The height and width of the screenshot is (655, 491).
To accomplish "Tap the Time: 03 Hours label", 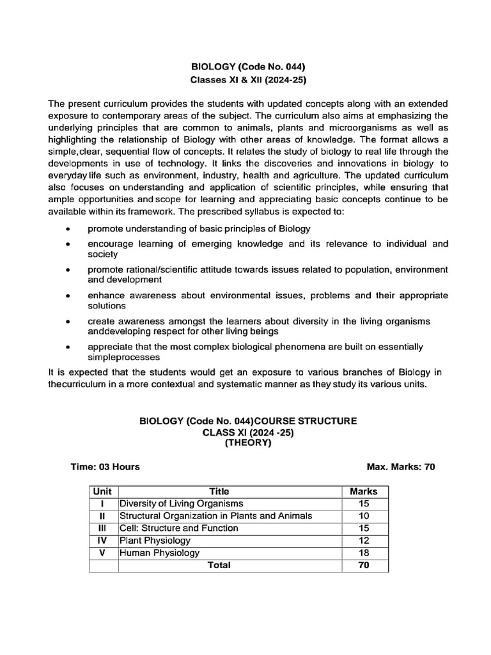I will [x=105, y=467].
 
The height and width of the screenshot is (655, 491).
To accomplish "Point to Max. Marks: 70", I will [x=401, y=467].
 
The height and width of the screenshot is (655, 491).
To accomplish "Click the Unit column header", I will [x=102, y=492].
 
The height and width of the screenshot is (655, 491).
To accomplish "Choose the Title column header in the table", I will [x=219, y=492].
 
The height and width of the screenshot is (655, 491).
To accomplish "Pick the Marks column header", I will [x=364, y=492].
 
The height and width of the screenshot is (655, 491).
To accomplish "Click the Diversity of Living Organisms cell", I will [x=181, y=504].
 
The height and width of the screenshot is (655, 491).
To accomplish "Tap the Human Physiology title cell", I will [x=159, y=553].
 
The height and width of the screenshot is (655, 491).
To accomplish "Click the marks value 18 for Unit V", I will [x=364, y=553].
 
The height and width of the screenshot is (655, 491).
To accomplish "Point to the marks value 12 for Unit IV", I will [x=364, y=541].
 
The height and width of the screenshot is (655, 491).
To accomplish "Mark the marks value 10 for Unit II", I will [x=364, y=516].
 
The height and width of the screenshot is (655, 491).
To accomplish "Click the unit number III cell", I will [x=102, y=528].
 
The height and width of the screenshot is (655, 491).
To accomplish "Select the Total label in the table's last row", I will [x=219, y=565].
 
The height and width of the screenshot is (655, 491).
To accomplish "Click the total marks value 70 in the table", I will [x=364, y=565].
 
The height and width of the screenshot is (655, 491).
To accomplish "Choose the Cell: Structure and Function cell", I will [x=179, y=528].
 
